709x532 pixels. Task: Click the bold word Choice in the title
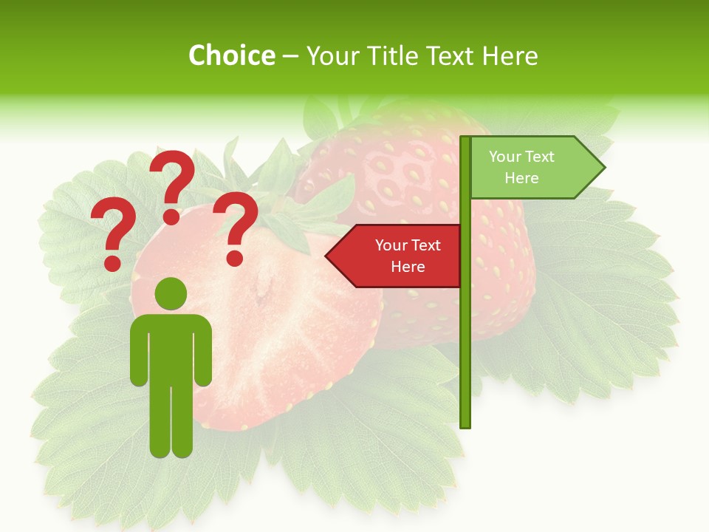pos(231,55)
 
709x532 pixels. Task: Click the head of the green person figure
pos(171,293)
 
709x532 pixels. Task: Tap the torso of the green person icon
pos(171,347)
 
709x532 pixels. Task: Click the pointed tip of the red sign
pos(328,256)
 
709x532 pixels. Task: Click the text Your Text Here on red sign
pos(408,256)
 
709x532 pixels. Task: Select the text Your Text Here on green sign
pos(521,167)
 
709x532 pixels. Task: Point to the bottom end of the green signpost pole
pos(465,423)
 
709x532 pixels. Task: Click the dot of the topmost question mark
pos(171,216)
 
